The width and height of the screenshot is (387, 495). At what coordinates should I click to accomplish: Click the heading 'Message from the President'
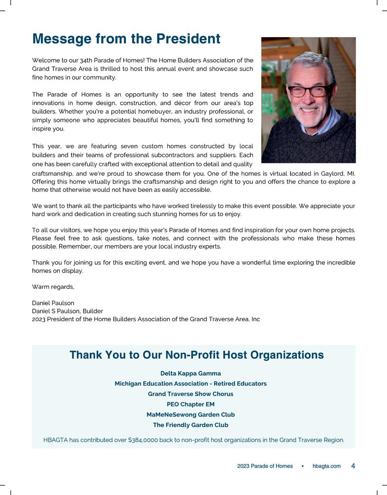point(126,39)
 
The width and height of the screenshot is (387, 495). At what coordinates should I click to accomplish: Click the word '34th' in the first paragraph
point(87,60)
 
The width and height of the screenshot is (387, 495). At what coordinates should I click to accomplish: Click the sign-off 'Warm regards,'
point(53,287)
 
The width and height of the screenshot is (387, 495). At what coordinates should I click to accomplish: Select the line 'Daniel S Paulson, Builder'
point(67,311)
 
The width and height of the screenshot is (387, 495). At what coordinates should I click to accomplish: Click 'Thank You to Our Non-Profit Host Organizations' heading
point(197,355)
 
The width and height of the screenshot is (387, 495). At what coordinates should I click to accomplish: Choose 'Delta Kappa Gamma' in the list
point(190,373)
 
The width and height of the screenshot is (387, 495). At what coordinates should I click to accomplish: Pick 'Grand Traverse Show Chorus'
point(190,394)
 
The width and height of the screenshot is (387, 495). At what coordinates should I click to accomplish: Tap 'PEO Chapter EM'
point(190,404)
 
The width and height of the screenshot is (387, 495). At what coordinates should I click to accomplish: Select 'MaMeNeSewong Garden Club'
point(190,415)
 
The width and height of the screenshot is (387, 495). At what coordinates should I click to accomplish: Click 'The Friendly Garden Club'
point(190,425)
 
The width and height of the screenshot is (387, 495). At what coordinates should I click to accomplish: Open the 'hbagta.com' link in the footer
point(326,466)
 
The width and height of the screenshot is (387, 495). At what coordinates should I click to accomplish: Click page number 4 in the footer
point(353,466)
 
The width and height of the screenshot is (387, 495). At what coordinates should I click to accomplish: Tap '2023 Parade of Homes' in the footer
point(265,466)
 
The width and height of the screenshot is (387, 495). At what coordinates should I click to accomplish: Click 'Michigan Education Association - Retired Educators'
point(190,384)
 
